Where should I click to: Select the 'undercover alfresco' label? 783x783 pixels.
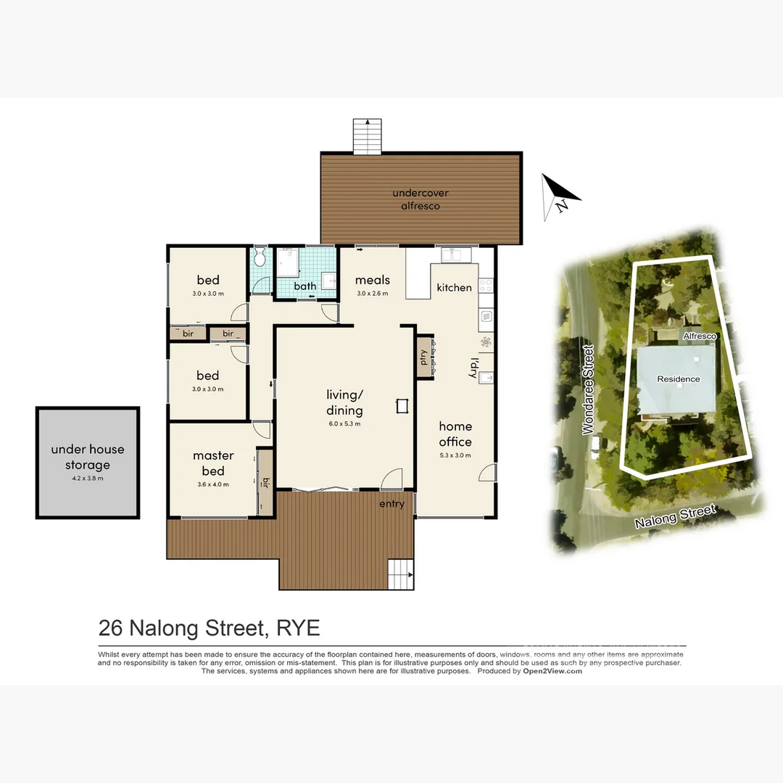[420, 199]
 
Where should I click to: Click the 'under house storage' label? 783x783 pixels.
[87, 457]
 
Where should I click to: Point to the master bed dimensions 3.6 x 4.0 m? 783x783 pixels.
[213, 485]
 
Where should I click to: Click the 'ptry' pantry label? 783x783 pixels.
[423, 356]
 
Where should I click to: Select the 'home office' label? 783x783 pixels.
[455, 434]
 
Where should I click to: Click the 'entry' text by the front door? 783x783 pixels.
[391, 505]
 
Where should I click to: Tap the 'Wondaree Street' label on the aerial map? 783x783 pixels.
[589, 390]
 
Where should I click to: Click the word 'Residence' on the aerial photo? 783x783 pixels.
[679, 379]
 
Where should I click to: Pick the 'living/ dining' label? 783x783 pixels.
[344, 402]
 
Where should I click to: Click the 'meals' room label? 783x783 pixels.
[373, 280]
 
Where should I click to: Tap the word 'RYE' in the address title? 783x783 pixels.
[298, 627]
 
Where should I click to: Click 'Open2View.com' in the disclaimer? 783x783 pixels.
[552, 671]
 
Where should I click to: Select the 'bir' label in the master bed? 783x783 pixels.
[266, 482]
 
